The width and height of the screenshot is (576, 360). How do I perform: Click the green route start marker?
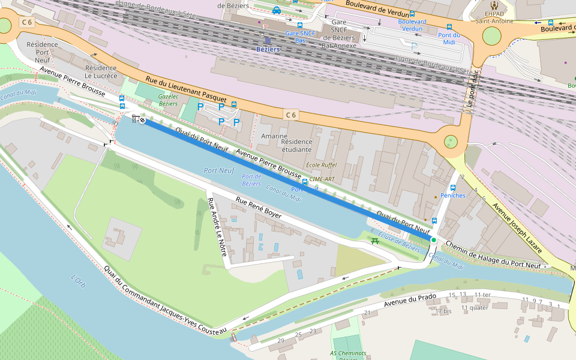click(433, 240)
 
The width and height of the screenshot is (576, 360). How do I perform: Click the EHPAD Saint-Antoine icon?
click(494, 5)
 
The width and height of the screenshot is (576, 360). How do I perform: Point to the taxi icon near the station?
click(276, 10)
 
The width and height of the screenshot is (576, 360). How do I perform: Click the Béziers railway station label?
click(268, 49)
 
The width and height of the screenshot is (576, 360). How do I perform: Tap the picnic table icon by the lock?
click(375, 241)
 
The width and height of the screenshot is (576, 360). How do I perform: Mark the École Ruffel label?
click(322, 165)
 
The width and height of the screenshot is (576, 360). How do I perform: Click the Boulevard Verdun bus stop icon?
click(412, 13)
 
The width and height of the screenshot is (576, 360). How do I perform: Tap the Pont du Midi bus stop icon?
click(449, 27)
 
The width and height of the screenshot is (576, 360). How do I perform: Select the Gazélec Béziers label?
click(168, 100)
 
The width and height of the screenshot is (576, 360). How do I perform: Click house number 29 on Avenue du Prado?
click(281, 341)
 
